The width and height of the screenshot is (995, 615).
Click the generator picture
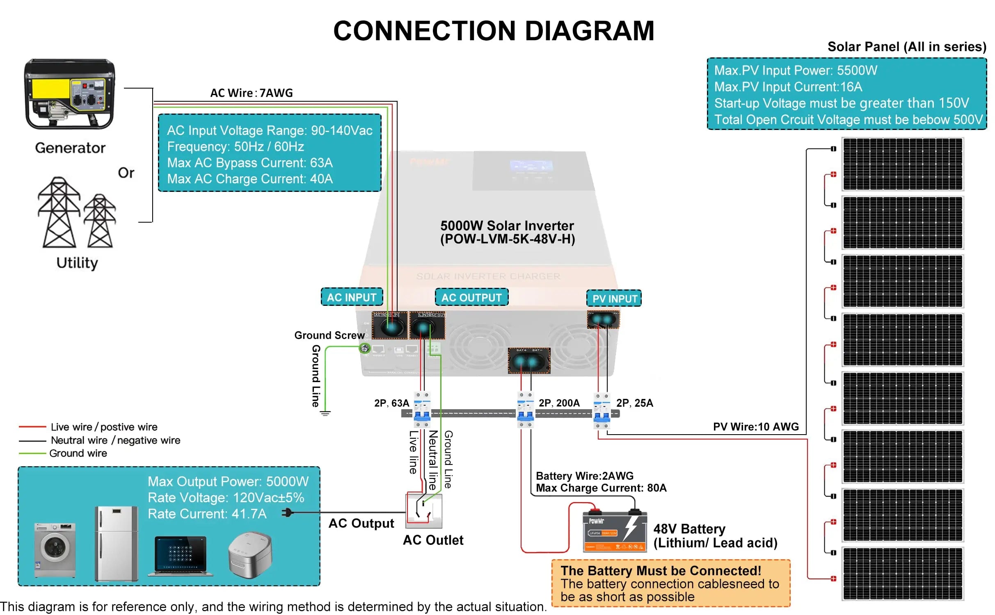(x=70, y=94)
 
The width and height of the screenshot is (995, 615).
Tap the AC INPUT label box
(x=352, y=297)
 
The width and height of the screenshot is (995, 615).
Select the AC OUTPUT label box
(x=471, y=297)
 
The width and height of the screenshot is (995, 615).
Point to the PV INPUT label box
(x=614, y=298)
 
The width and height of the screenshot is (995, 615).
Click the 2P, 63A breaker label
(x=391, y=403)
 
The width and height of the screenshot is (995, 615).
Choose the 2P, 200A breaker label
(x=559, y=403)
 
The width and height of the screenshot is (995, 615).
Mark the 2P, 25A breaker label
(x=634, y=403)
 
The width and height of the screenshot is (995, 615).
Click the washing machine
(x=55, y=549)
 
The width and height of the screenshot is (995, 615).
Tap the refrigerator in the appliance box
(x=117, y=543)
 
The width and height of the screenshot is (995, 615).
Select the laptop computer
(x=181, y=556)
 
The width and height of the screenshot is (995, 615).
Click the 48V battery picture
(x=615, y=532)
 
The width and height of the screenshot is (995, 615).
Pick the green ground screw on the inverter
(x=364, y=348)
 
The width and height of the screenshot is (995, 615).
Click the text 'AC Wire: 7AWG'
(x=252, y=93)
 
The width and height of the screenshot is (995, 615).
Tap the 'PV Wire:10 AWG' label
(x=756, y=427)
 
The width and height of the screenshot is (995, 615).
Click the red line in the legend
(x=32, y=427)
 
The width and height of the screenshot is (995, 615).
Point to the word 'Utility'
(x=77, y=263)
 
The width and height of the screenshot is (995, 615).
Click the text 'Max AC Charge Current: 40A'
(x=250, y=179)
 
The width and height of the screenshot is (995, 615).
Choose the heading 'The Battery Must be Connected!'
(x=661, y=571)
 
